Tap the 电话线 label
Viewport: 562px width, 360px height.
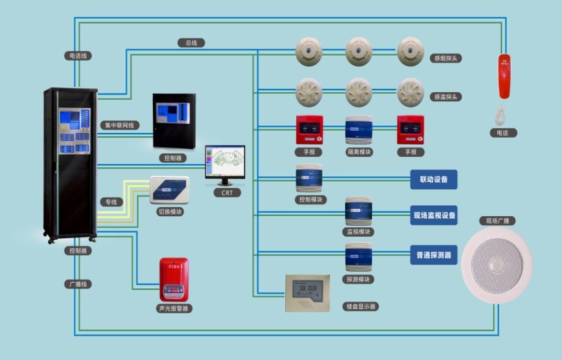tap(79, 55)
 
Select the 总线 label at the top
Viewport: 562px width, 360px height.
tap(191, 43)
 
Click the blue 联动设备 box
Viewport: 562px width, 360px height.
tap(434, 180)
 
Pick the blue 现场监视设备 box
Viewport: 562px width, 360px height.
tap(434, 215)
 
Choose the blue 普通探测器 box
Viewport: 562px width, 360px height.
tap(434, 255)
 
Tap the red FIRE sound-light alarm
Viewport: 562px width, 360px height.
tap(174, 279)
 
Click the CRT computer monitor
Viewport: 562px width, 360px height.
tap(225, 165)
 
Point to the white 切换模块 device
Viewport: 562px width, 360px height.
tap(169, 190)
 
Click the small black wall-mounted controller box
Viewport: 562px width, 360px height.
tap(174, 121)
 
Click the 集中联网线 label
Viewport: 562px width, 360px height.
tap(121, 125)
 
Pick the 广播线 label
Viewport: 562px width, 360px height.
tap(79, 284)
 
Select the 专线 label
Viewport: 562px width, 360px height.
tap(110, 202)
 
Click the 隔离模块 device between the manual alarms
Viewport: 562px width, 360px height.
tap(359, 129)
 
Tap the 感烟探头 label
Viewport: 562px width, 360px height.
tap(445, 59)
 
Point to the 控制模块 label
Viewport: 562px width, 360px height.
tap(309, 199)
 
